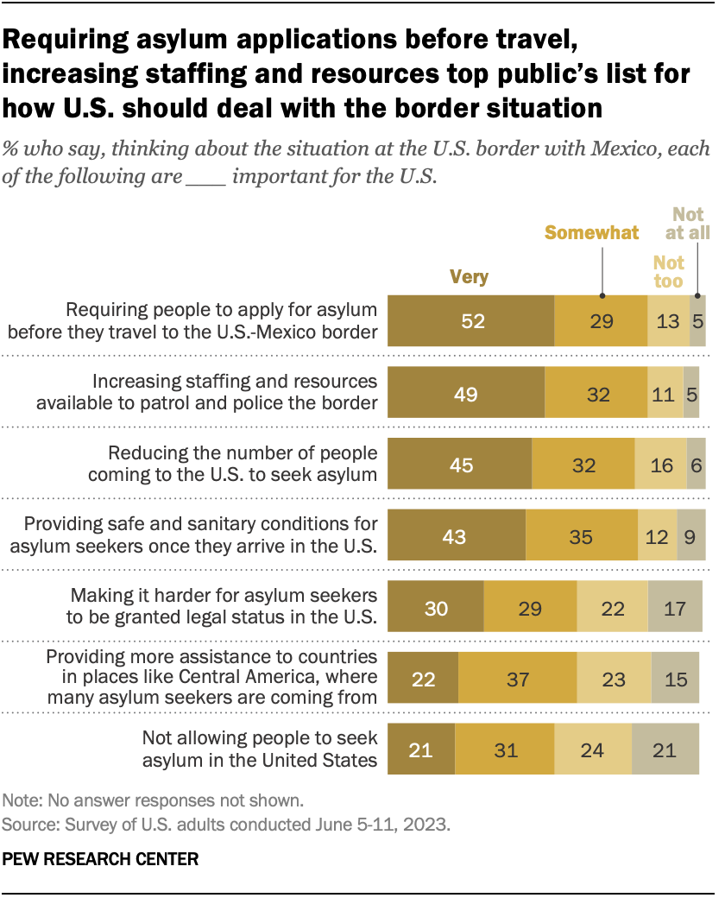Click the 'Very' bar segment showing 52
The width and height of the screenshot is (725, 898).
(470, 321)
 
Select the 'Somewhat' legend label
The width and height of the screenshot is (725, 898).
(591, 232)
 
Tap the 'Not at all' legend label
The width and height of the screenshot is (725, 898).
(689, 224)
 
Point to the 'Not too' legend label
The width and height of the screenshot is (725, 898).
(668, 272)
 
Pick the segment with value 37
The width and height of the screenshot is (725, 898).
(517, 679)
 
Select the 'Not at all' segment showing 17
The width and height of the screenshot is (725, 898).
(675, 608)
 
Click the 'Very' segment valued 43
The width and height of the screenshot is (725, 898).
(456, 536)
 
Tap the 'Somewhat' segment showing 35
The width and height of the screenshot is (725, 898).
(581, 536)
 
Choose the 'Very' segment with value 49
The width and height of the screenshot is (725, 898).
(466, 393)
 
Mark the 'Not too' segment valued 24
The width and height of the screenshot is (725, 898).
(593, 750)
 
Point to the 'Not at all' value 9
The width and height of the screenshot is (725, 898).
(690, 536)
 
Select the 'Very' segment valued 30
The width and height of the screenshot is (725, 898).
(436, 608)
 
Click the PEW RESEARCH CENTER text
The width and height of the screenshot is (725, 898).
(101, 859)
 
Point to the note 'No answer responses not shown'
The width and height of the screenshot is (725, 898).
(153, 800)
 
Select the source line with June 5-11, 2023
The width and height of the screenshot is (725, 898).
(226, 824)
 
